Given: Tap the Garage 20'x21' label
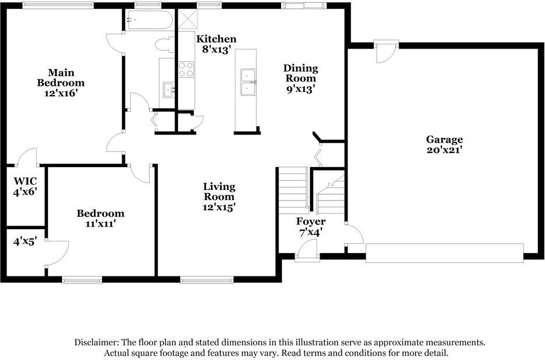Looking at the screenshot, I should tap(444, 144).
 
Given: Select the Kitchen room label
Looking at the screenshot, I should tap(216, 44).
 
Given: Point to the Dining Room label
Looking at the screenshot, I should tap(300, 78).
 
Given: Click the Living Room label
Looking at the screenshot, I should tap(219, 196).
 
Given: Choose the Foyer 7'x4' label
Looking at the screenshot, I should tap(311, 227).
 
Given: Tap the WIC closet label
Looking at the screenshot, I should tap(25, 186).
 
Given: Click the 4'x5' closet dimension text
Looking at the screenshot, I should tap(25, 240).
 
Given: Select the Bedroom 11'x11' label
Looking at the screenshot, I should tap(100, 219).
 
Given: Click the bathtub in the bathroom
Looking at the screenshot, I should tap(149, 20).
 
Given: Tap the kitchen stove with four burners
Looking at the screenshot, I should tap(186, 70).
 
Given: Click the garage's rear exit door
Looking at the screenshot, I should tap(386, 51).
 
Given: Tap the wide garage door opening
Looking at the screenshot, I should tap(444, 253).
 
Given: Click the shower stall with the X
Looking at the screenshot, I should tap(186, 20).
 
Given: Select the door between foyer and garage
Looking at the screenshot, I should tap(353, 235).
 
